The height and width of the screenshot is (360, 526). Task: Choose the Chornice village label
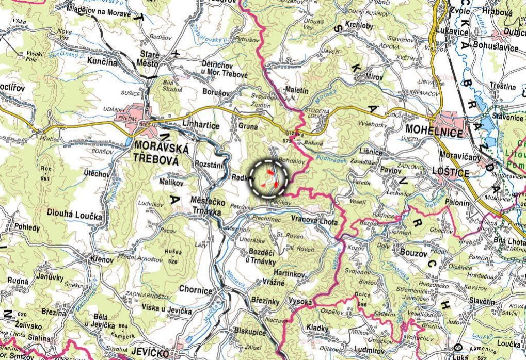[195, 290]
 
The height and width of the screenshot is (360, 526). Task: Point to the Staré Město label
[150, 58]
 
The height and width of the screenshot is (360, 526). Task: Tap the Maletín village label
[296, 90]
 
